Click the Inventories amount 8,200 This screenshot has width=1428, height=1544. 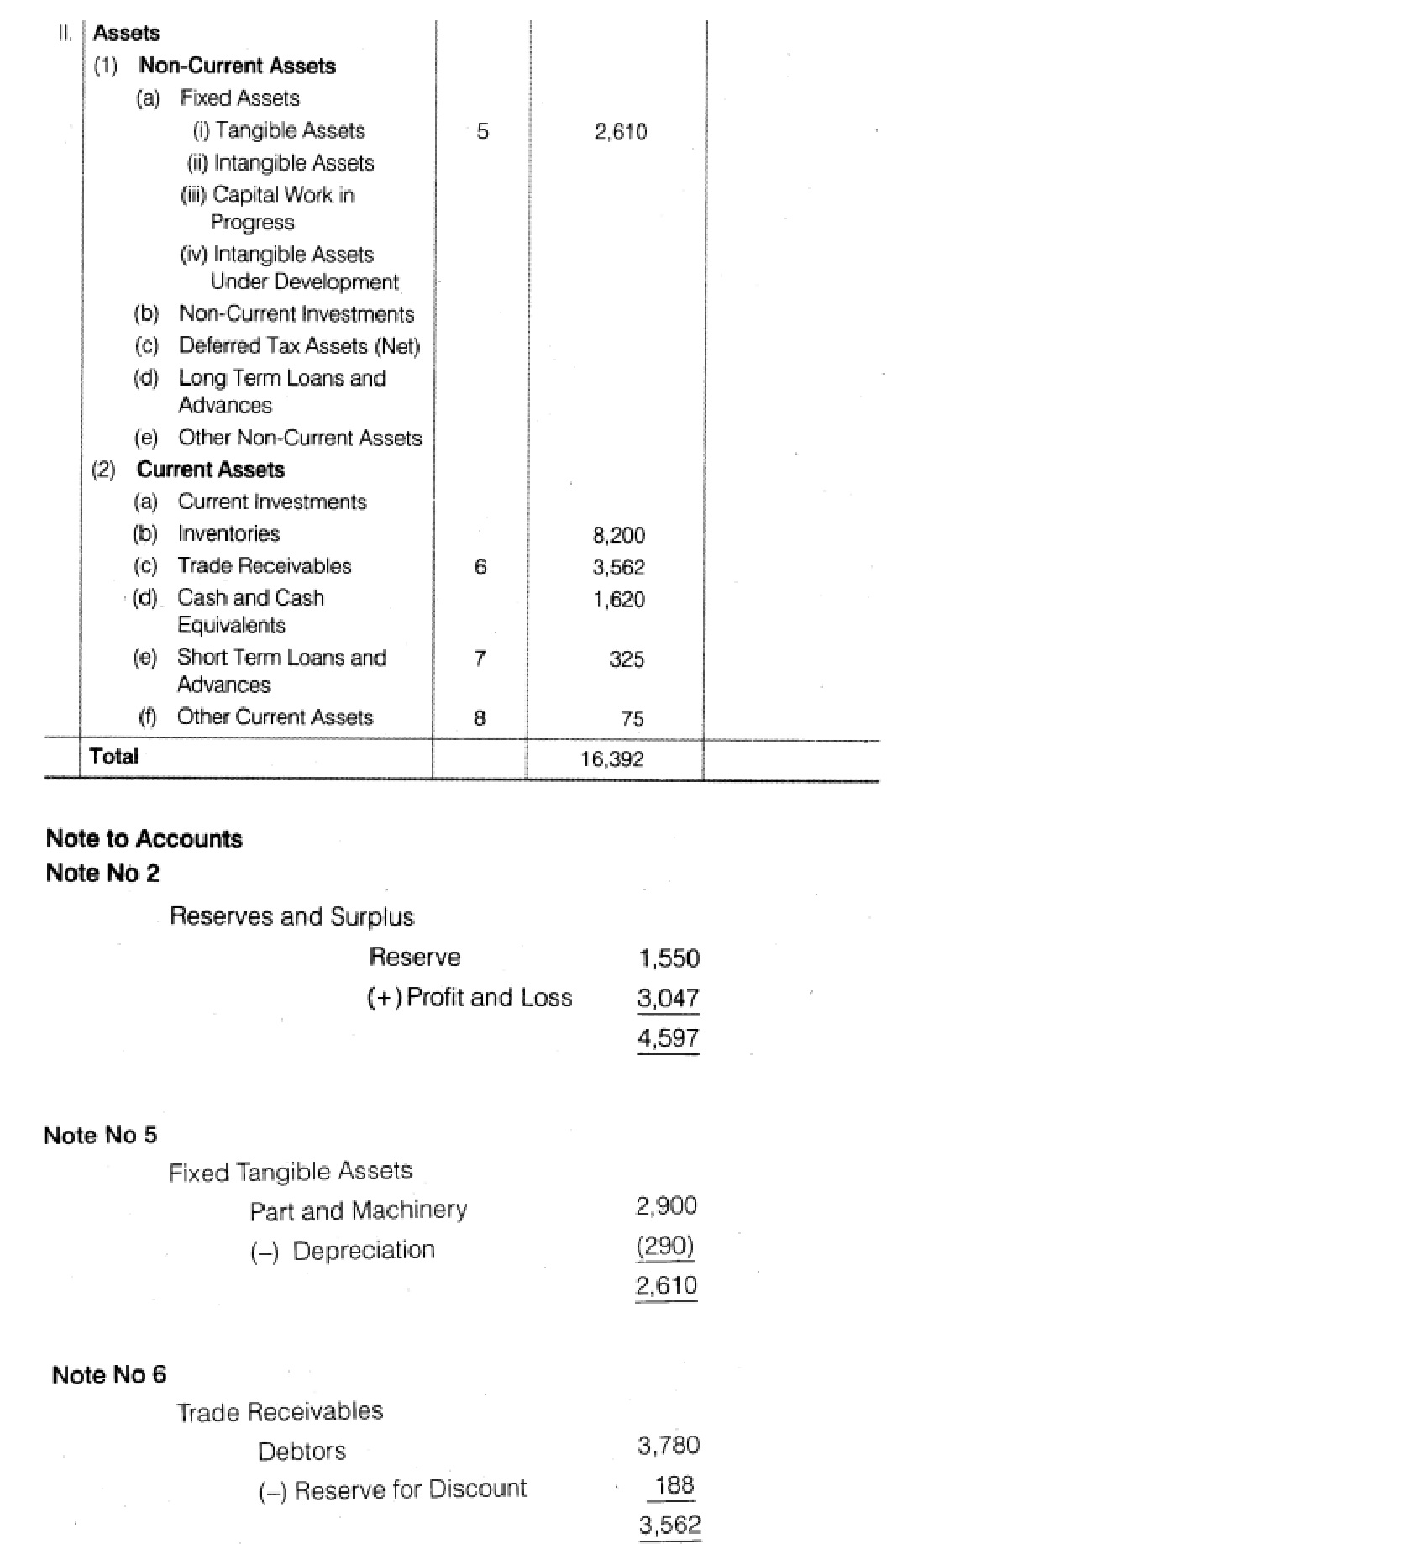(x=619, y=535)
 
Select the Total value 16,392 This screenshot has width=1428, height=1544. (x=612, y=759)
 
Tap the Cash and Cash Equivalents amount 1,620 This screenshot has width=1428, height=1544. (x=619, y=600)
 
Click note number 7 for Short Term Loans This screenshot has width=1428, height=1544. (x=480, y=659)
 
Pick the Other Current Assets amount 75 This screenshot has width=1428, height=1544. (x=633, y=719)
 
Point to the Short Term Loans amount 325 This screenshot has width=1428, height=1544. (x=627, y=659)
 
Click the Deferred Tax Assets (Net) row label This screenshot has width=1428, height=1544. (x=299, y=346)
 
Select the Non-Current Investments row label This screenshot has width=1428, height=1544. (x=297, y=314)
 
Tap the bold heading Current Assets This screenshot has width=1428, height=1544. (x=211, y=470)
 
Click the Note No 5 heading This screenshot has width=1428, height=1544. (x=100, y=1136)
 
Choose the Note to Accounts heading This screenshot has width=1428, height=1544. (x=144, y=839)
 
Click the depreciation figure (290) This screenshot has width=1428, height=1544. (x=665, y=1246)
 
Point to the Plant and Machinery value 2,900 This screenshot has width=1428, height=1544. (x=666, y=1206)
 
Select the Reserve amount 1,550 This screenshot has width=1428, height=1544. (x=669, y=958)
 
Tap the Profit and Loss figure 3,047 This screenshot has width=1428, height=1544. (x=668, y=998)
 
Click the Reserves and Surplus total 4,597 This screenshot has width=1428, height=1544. (x=668, y=1038)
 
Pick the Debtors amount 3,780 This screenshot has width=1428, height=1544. (x=669, y=1446)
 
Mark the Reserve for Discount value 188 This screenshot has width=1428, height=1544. (x=675, y=1485)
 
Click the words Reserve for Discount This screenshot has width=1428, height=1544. (x=410, y=1489)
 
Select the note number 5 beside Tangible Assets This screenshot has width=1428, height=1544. (x=482, y=131)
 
